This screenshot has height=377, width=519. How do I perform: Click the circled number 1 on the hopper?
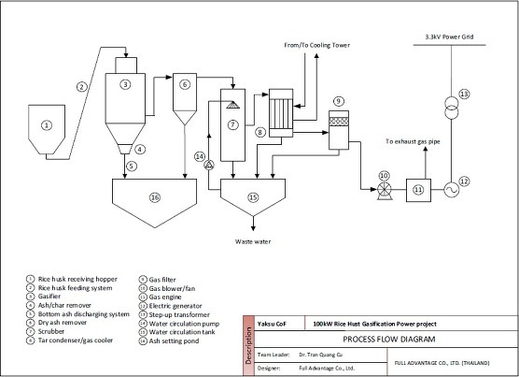pos(47,125)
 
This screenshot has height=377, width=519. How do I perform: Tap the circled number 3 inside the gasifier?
pos(125,84)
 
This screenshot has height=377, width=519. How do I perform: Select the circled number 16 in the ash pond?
pos(155,197)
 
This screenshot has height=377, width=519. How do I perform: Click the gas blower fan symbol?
pos(385,191)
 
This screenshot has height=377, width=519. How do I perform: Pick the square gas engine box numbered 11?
pos(419,190)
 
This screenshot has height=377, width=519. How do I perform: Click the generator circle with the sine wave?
pos(451,190)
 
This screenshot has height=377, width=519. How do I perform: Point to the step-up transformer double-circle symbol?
pos(451,108)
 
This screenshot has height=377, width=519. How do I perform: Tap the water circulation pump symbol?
pos(209,165)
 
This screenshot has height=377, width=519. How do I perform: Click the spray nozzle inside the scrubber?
pos(233,105)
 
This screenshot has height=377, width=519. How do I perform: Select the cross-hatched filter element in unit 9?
pos(339,122)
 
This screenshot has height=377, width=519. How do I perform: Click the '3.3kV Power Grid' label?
pos(449,36)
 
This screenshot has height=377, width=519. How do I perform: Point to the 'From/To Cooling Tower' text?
pos(316,45)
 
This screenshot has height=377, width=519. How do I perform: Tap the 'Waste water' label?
pos(253,241)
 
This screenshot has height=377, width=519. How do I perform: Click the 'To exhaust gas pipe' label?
pos(413,141)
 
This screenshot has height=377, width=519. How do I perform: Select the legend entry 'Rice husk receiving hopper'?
pos(77,279)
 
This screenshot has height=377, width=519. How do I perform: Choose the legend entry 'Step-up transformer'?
pos(179,314)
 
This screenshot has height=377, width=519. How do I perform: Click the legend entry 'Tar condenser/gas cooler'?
pos(75,341)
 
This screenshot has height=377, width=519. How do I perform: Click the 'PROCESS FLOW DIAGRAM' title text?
pos(389,340)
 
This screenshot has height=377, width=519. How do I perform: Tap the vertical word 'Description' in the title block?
pos(248,346)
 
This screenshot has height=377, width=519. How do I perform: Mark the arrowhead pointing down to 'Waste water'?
pos(253,228)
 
